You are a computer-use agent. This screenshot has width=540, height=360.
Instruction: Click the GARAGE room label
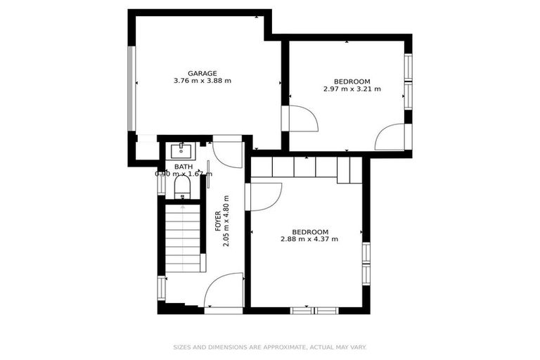pos(202,73)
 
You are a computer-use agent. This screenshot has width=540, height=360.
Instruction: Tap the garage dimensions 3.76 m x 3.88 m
pos(202,81)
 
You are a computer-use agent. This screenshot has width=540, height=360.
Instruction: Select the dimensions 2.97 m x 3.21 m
pos(352,89)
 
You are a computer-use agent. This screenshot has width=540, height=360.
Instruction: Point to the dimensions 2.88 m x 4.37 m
pos(309,240)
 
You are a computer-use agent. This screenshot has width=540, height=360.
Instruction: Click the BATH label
pos(183,167)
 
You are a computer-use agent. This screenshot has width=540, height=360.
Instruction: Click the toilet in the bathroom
pos(182,186)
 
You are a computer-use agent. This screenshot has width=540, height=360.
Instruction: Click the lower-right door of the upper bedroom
pos(390,137)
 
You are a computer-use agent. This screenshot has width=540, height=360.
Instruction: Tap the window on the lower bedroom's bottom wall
pos(314,310)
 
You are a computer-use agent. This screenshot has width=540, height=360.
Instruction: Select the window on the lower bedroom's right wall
pos(366,263)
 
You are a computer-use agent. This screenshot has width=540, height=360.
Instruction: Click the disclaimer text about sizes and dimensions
pos(270,347)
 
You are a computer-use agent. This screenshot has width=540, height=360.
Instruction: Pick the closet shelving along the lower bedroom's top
pos(306,167)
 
